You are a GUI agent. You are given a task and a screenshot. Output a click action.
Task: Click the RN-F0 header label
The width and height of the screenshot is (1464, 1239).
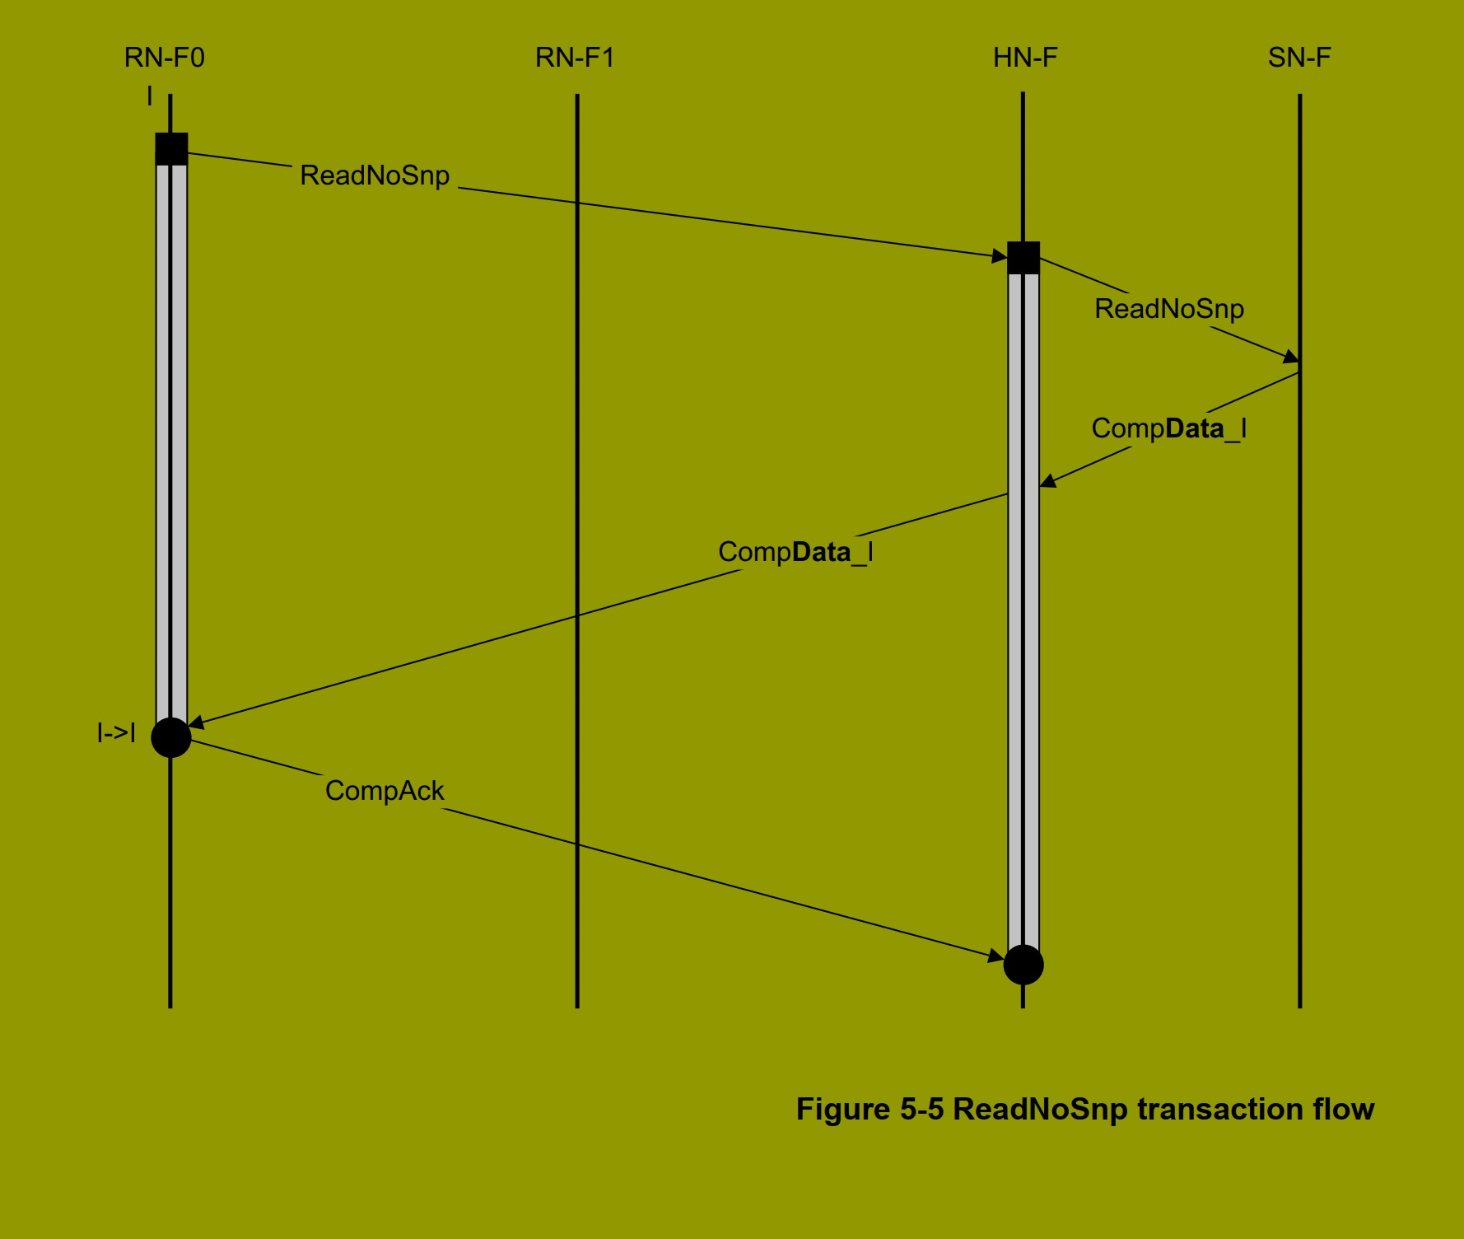click(x=164, y=58)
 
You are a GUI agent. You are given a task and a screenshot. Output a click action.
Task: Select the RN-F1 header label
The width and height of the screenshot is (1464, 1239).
click(x=575, y=58)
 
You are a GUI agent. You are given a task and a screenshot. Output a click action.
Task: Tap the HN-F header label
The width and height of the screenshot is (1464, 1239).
click(x=1025, y=58)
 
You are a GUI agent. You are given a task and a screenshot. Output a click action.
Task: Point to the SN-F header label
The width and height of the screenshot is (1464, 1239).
click(x=1299, y=58)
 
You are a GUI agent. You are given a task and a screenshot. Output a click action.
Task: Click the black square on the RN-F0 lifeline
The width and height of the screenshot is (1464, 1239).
click(x=171, y=149)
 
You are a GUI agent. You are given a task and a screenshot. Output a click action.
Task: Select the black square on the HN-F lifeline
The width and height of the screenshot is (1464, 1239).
click(x=1023, y=258)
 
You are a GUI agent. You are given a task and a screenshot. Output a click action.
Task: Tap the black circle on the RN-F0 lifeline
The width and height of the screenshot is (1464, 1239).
click(x=171, y=737)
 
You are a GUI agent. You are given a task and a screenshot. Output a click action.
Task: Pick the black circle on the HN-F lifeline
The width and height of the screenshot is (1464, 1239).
click(x=1023, y=965)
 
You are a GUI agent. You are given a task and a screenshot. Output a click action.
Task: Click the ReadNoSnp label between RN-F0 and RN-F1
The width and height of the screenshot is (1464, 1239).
click(x=375, y=175)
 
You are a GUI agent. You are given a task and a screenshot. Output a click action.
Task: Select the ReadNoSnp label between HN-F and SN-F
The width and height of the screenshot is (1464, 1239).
click(x=1169, y=309)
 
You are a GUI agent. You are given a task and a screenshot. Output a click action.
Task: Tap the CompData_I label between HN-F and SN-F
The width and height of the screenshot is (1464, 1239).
click(x=1168, y=428)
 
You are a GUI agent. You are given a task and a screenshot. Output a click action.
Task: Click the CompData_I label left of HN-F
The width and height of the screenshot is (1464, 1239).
click(x=795, y=552)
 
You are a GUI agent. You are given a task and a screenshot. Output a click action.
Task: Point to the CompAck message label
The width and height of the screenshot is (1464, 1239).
click(x=385, y=791)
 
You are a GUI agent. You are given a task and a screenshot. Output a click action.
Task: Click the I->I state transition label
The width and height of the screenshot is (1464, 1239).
click(x=116, y=732)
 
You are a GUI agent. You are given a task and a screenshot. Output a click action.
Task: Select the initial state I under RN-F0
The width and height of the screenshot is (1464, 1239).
click(x=149, y=97)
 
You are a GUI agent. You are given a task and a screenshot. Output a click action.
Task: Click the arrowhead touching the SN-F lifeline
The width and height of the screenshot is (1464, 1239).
click(x=1292, y=358)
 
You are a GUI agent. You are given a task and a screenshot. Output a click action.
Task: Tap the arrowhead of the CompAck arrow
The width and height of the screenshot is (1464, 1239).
click(x=997, y=957)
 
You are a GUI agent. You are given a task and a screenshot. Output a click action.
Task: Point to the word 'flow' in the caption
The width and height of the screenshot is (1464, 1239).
click(x=1344, y=1110)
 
